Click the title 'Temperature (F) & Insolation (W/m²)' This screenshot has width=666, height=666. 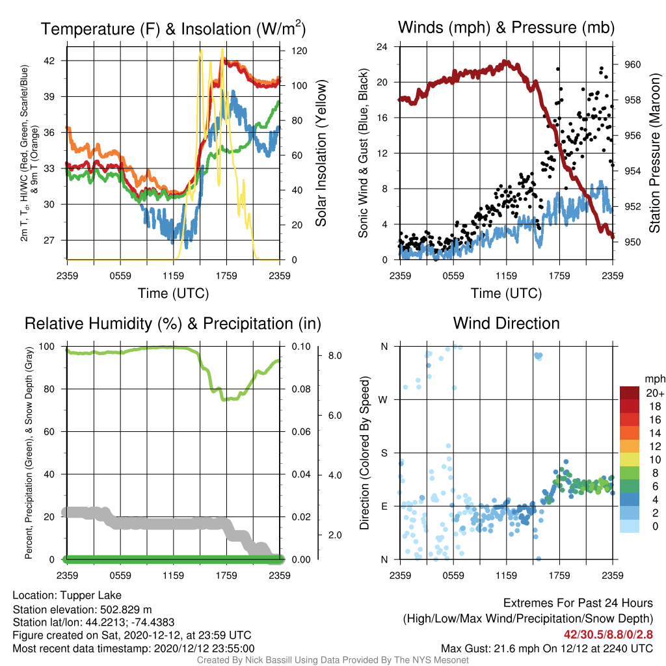173,29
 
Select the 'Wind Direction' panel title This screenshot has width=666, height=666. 506,323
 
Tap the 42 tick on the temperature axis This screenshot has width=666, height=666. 49,60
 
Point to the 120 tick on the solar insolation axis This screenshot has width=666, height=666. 299,51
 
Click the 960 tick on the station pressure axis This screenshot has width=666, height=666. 632,64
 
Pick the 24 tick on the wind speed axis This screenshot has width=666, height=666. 382,47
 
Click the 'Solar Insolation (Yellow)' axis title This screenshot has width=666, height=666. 321,153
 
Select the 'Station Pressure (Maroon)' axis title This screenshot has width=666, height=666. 655,153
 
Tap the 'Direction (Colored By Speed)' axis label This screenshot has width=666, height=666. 364,453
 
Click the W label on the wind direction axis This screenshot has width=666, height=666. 383,400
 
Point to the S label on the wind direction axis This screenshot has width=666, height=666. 384,453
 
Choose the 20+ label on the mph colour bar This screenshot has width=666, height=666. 655,393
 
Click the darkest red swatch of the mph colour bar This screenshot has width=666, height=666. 630,393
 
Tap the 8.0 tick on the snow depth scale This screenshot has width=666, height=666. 335,356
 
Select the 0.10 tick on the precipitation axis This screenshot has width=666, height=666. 301,347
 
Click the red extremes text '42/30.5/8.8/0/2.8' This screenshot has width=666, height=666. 608,634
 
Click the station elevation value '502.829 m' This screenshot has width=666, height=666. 126,610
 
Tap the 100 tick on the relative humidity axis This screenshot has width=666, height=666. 47,347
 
